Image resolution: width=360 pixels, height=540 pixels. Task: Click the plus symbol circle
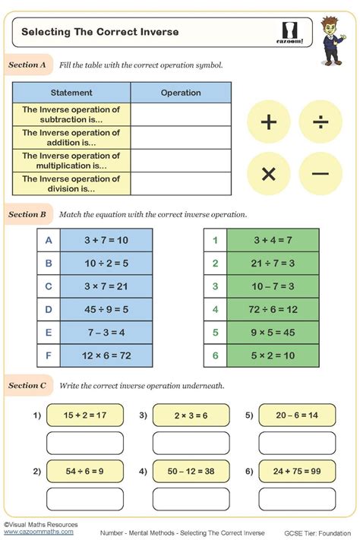point(268,122)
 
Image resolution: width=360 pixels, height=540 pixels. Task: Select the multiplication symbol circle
point(268,174)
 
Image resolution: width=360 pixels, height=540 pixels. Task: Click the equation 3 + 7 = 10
point(106,240)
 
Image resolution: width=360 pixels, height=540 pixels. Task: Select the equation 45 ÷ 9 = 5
point(106,309)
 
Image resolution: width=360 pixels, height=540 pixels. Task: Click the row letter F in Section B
point(49,355)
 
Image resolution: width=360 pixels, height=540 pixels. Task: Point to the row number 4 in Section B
point(215,309)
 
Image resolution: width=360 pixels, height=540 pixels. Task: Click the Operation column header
point(181,93)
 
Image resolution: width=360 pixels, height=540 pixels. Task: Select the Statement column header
point(71,93)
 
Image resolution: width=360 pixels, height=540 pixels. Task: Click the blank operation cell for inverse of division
point(181,184)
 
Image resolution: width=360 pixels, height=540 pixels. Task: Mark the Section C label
point(27,386)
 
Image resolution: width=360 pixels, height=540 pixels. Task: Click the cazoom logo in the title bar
point(291,33)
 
